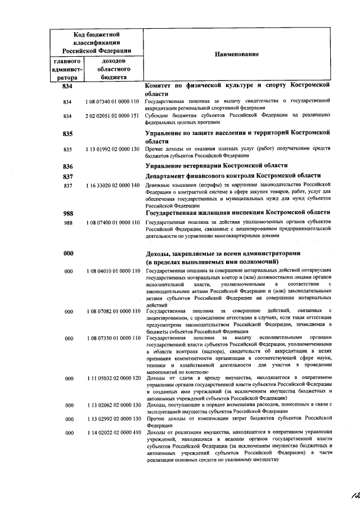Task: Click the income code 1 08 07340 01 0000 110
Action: point(112,102)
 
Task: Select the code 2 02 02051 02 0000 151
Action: point(112,116)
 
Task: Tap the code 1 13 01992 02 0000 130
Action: point(112,150)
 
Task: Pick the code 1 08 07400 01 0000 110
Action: point(112,223)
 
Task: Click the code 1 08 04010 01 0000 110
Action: point(112,271)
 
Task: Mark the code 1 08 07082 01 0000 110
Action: point(112,311)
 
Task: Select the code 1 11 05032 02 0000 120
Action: point(112,379)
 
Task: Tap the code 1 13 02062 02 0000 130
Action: point(112,405)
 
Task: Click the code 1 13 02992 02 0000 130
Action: point(112,419)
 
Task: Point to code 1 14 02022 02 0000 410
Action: point(112,433)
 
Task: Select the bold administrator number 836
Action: point(69,166)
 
